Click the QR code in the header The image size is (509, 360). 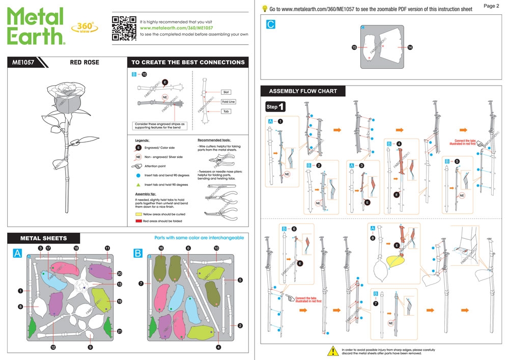(124, 27)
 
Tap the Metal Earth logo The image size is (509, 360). (36, 26)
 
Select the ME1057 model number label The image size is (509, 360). (23, 63)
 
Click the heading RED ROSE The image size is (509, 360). (84, 63)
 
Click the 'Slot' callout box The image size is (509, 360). (226, 92)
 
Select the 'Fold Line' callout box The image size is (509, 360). (228, 102)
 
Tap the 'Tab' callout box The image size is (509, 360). (226, 111)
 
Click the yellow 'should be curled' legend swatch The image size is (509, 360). (138, 215)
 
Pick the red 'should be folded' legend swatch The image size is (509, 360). (138, 222)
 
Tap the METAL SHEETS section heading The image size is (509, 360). (43, 238)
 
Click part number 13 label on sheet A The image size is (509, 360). (120, 284)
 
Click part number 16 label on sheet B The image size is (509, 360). (161, 248)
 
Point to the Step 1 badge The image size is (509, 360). (275, 107)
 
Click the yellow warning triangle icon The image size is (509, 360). (332, 351)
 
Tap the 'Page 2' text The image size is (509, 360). (491, 6)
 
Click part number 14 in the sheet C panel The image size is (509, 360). (410, 47)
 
